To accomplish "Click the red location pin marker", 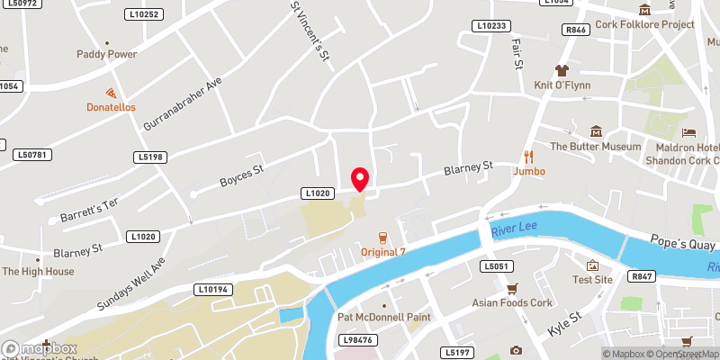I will (x=360, y=178).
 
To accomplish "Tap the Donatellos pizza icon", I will (x=111, y=93).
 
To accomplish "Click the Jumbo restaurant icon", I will (x=529, y=155).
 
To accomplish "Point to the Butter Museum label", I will (x=595, y=147).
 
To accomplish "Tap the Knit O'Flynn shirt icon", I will (x=562, y=69).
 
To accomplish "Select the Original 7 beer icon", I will (x=383, y=238).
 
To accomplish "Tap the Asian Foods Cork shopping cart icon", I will (x=512, y=288).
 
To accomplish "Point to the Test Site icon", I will (x=593, y=265).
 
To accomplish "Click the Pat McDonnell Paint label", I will (x=383, y=318).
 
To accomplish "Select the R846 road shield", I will (x=576, y=30).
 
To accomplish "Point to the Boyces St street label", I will (x=241, y=175).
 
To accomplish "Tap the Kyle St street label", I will (x=563, y=321).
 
